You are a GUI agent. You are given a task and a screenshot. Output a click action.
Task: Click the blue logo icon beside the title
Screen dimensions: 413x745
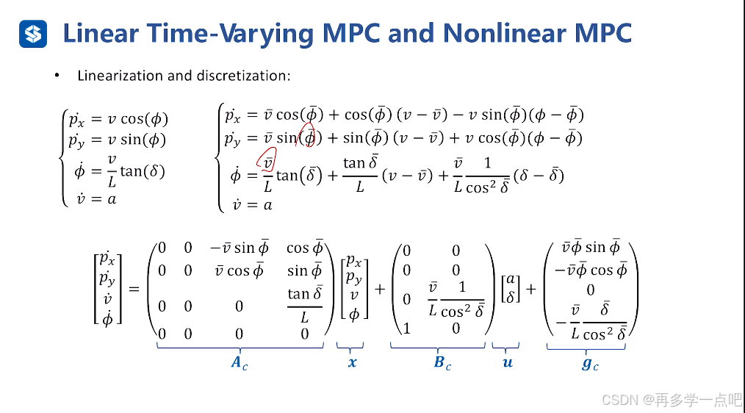(x=33, y=33)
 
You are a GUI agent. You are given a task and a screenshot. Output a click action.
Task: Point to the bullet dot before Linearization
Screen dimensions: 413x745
(x=56, y=76)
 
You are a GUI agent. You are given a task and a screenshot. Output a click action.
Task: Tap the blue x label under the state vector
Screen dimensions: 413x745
(x=353, y=362)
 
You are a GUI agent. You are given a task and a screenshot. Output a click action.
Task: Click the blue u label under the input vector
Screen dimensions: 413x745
(x=507, y=362)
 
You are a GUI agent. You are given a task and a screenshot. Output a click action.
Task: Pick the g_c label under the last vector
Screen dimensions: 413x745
(x=590, y=364)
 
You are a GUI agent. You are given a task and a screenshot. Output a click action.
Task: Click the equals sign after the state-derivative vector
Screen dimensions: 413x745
(x=134, y=289)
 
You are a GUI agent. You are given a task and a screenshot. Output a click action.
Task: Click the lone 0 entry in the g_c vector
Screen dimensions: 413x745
(x=589, y=290)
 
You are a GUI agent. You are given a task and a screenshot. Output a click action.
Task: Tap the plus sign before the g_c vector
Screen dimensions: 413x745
(x=530, y=289)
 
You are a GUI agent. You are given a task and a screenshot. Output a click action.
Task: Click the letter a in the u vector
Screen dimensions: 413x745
(x=508, y=281)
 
